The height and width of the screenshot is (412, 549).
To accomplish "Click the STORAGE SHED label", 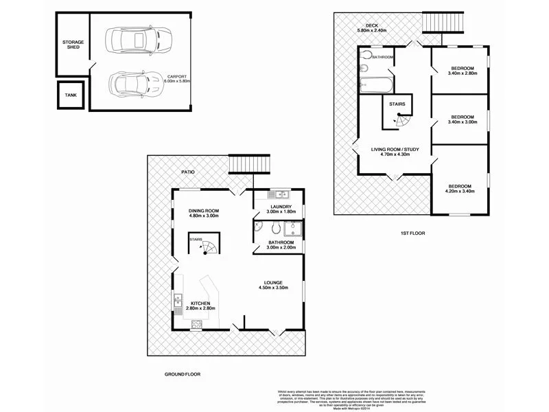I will pyautogui.click(x=73, y=45).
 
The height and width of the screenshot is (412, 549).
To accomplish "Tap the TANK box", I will pyautogui.click(x=71, y=95).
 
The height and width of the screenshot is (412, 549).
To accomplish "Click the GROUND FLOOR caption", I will pyautogui.click(x=182, y=374).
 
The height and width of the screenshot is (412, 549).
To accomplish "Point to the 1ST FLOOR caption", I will pyautogui.click(x=413, y=233).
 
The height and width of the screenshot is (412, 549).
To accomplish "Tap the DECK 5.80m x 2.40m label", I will pyautogui.click(x=372, y=29).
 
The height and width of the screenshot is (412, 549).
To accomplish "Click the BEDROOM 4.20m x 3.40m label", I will pyautogui.click(x=460, y=189).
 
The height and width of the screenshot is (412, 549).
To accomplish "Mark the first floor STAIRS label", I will pyautogui.click(x=397, y=104).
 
